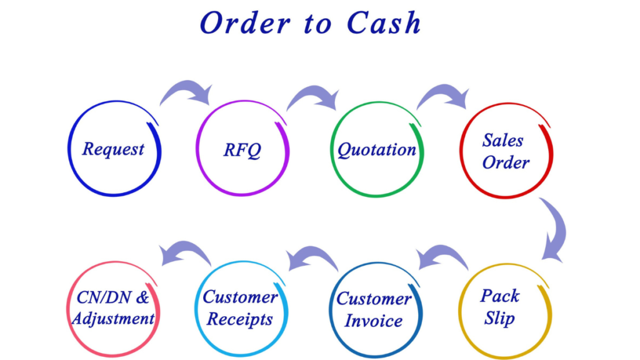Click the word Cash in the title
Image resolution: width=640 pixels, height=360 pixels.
pos(384,23)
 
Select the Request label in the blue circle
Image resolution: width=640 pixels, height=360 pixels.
pos(113,149)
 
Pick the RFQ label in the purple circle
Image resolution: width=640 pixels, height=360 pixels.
pos(242,150)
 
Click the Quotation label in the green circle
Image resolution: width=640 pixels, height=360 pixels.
pos(377,150)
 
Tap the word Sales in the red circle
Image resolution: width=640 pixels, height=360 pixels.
pos(502,140)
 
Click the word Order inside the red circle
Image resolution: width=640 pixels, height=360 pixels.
pos(506,162)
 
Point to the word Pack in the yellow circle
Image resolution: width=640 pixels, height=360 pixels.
pos(500,296)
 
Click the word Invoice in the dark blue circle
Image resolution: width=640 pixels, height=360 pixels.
pos(373,321)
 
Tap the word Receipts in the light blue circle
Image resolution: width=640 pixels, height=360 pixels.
pos(239,319)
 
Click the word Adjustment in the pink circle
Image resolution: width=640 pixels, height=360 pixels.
pos(113,319)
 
